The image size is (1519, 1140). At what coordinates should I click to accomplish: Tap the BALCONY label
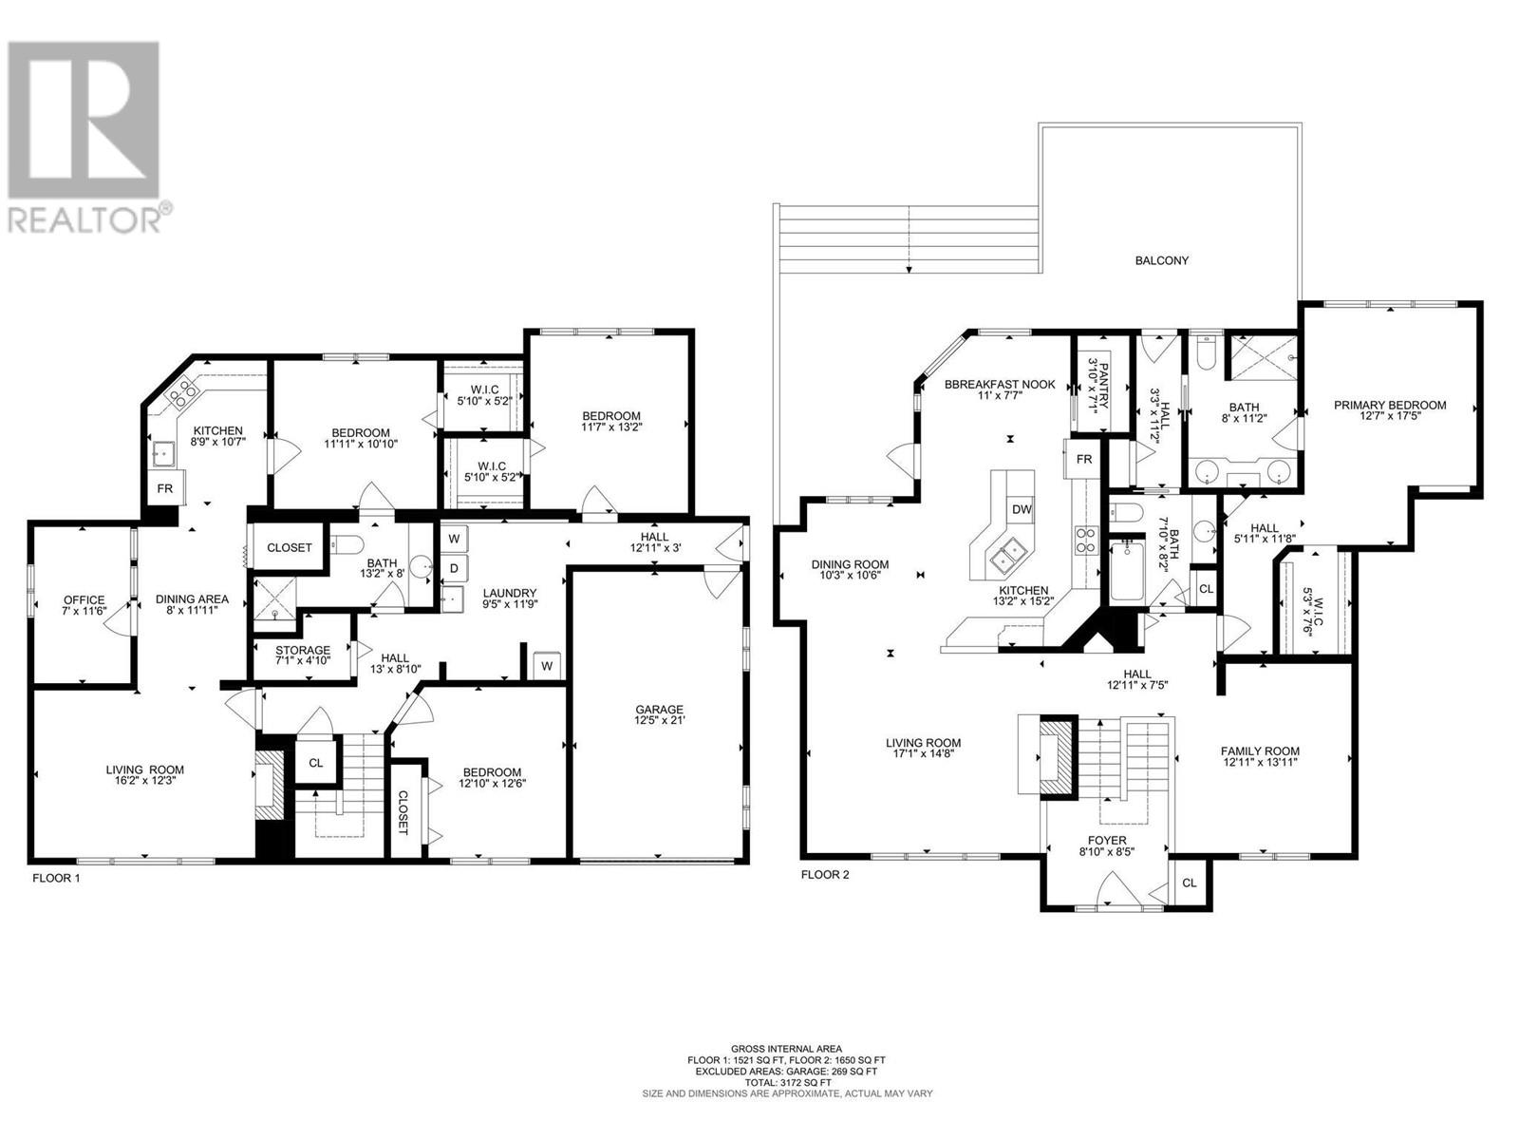(x=1162, y=260)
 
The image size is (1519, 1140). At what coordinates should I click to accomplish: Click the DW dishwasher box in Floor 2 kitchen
(x=1022, y=509)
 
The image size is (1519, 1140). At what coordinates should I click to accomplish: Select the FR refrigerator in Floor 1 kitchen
(x=164, y=488)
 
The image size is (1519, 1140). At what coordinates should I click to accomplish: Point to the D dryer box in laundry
(x=454, y=569)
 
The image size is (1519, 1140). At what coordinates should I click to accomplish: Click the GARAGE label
(x=660, y=709)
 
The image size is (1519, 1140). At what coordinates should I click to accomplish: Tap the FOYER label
(x=1107, y=841)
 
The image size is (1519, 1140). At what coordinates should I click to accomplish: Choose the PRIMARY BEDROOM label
(x=1390, y=405)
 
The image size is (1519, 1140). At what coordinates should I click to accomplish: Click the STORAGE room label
(x=303, y=650)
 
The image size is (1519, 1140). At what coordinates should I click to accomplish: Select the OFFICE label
(x=84, y=599)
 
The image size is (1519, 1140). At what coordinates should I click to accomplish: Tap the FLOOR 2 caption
(x=825, y=874)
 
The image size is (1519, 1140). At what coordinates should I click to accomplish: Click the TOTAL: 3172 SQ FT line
(x=788, y=1102)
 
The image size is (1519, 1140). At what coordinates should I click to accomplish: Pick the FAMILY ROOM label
(x=1260, y=750)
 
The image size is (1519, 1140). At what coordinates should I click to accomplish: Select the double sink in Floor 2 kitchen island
(x=1006, y=555)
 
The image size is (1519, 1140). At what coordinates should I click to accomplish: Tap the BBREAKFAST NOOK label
(x=1000, y=384)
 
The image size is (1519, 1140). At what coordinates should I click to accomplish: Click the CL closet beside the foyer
(x=1189, y=883)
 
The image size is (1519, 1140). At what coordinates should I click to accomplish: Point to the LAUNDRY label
(x=509, y=593)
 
